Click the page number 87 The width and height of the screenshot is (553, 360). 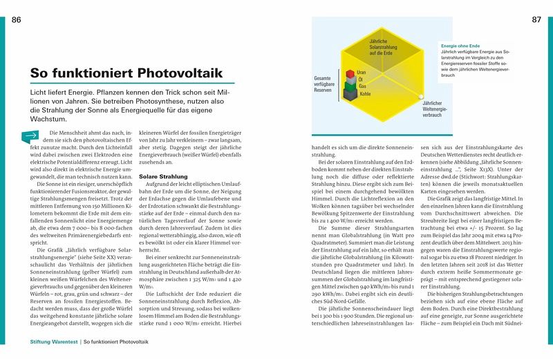[536, 19]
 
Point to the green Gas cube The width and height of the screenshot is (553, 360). [351, 86]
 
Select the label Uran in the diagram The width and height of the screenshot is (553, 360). [362, 72]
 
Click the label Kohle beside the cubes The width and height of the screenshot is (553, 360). [365, 93]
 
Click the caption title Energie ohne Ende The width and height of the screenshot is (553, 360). [460, 46]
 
